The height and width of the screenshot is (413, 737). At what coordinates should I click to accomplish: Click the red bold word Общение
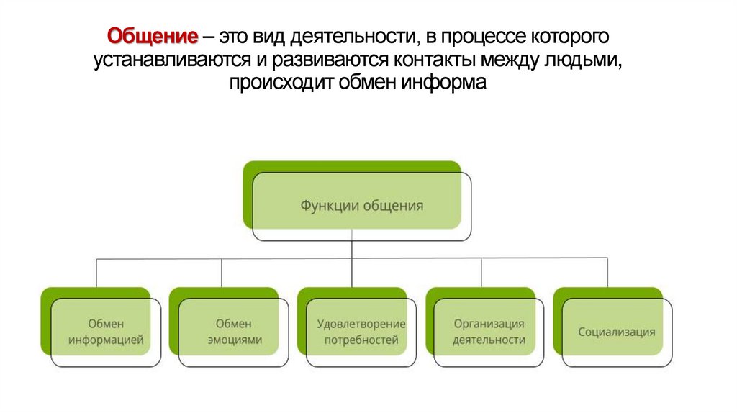[x=152, y=36]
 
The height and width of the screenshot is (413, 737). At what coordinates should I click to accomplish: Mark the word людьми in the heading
[x=585, y=60]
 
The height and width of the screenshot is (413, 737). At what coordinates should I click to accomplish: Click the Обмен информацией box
[x=106, y=332]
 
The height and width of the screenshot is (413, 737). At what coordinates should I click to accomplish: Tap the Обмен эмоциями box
[x=234, y=332]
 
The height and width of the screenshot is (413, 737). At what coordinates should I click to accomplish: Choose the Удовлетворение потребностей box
[x=361, y=332]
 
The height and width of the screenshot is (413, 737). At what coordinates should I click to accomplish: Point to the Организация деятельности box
[x=489, y=332]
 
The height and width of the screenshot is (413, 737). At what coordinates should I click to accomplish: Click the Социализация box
[x=617, y=332]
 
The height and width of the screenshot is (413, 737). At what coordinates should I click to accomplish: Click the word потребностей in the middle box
[x=361, y=340]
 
